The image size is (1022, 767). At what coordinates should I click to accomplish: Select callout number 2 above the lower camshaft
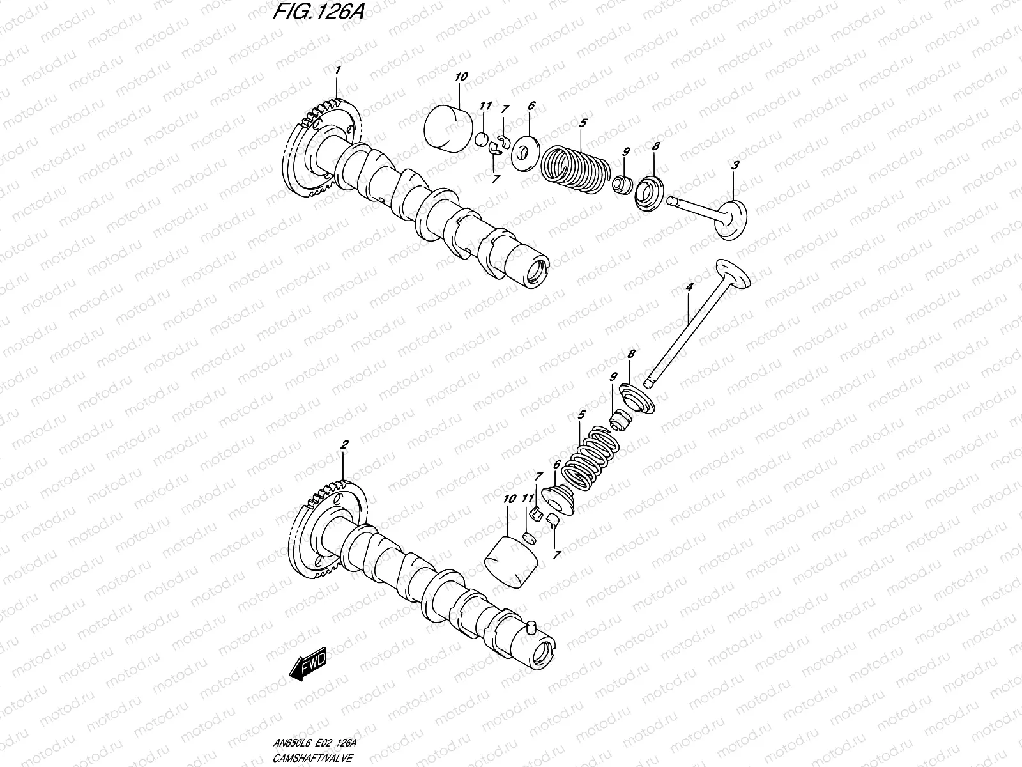pyautogui.click(x=344, y=444)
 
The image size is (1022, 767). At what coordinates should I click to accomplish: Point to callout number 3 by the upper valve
pyautogui.click(x=735, y=148)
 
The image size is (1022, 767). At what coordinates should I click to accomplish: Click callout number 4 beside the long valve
pyautogui.click(x=689, y=288)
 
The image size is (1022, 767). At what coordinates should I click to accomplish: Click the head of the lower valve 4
pyautogui.click(x=731, y=275)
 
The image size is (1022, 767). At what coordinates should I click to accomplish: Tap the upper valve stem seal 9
pyautogui.click(x=620, y=185)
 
